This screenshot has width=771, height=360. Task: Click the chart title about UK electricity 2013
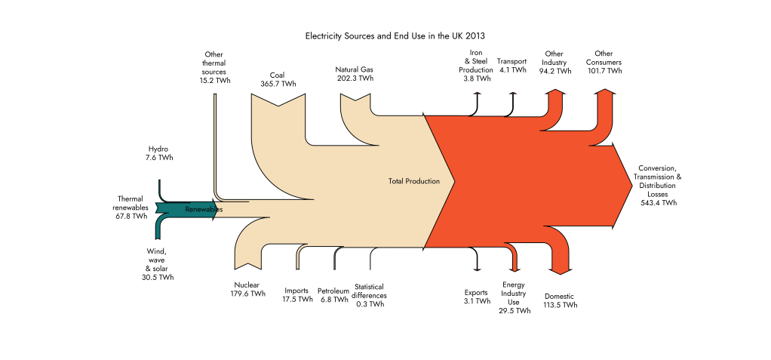point(395,36)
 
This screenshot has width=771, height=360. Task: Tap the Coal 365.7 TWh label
point(278,80)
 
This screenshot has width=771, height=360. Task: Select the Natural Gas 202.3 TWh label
point(355,74)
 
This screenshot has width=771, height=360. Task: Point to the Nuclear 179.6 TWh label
point(247,289)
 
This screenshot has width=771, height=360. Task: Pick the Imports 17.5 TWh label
point(297,294)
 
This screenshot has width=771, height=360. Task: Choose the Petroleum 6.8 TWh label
point(333,295)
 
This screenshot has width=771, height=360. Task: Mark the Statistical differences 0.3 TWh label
point(370,295)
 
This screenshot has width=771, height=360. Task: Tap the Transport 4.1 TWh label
point(512,66)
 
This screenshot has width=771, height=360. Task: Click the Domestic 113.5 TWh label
point(560,300)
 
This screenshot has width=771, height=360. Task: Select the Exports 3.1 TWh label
point(476,297)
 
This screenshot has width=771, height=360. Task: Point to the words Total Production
point(414,181)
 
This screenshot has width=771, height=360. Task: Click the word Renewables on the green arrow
point(204,210)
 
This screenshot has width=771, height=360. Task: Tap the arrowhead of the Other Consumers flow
point(605,91)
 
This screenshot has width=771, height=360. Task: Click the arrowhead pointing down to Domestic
point(560,271)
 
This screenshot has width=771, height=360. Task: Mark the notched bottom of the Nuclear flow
point(247,266)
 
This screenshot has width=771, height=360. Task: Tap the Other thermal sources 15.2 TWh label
point(215,67)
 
